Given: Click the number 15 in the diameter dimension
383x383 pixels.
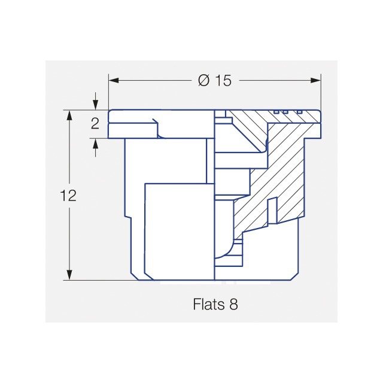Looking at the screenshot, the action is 223,80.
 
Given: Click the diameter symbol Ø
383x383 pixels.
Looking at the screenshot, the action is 203,80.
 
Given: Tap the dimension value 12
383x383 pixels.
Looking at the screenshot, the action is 68,196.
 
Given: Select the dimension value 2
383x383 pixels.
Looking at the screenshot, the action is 95,124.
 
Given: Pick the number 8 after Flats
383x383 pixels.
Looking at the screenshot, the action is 233,305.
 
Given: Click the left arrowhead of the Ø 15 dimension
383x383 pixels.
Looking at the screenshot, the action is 114,80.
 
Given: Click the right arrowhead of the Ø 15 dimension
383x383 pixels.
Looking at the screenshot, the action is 315,80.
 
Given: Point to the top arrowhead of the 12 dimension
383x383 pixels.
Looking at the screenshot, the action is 70,115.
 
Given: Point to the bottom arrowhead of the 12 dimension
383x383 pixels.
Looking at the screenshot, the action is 70,275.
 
